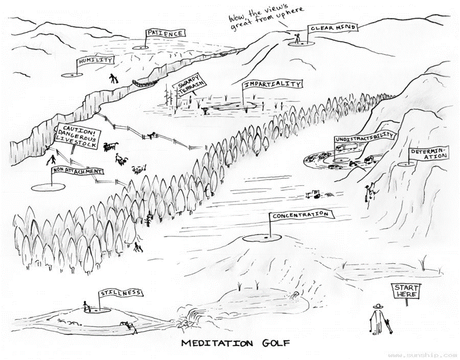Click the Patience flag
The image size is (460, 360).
(x=164, y=34)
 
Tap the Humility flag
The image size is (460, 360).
(x=94, y=60)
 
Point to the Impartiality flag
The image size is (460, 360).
(x=272, y=84)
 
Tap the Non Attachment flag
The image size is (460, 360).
(x=78, y=170)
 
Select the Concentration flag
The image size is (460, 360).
(x=299, y=215)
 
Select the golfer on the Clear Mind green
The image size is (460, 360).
(x=296, y=40)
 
